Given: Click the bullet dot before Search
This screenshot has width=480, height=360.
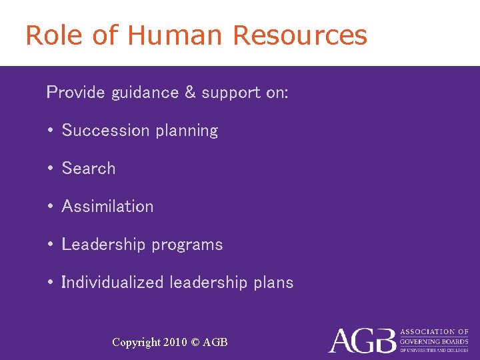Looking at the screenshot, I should [x=51, y=169].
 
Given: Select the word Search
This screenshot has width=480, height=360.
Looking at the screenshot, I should [x=89, y=169].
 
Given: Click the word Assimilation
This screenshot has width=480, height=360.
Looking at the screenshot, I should [x=107, y=207].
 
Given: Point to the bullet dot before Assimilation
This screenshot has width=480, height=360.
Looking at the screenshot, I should [x=51, y=207].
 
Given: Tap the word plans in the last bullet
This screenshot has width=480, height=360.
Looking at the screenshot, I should [x=273, y=283].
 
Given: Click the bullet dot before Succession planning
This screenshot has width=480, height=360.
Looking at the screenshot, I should [x=51, y=131].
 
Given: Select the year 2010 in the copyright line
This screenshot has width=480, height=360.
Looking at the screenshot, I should [x=175, y=343].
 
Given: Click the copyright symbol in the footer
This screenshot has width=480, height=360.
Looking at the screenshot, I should [x=195, y=343].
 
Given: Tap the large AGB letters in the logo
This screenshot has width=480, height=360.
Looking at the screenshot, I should [x=361, y=340].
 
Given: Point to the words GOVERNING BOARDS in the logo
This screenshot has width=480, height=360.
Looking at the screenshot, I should [x=433, y=341].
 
